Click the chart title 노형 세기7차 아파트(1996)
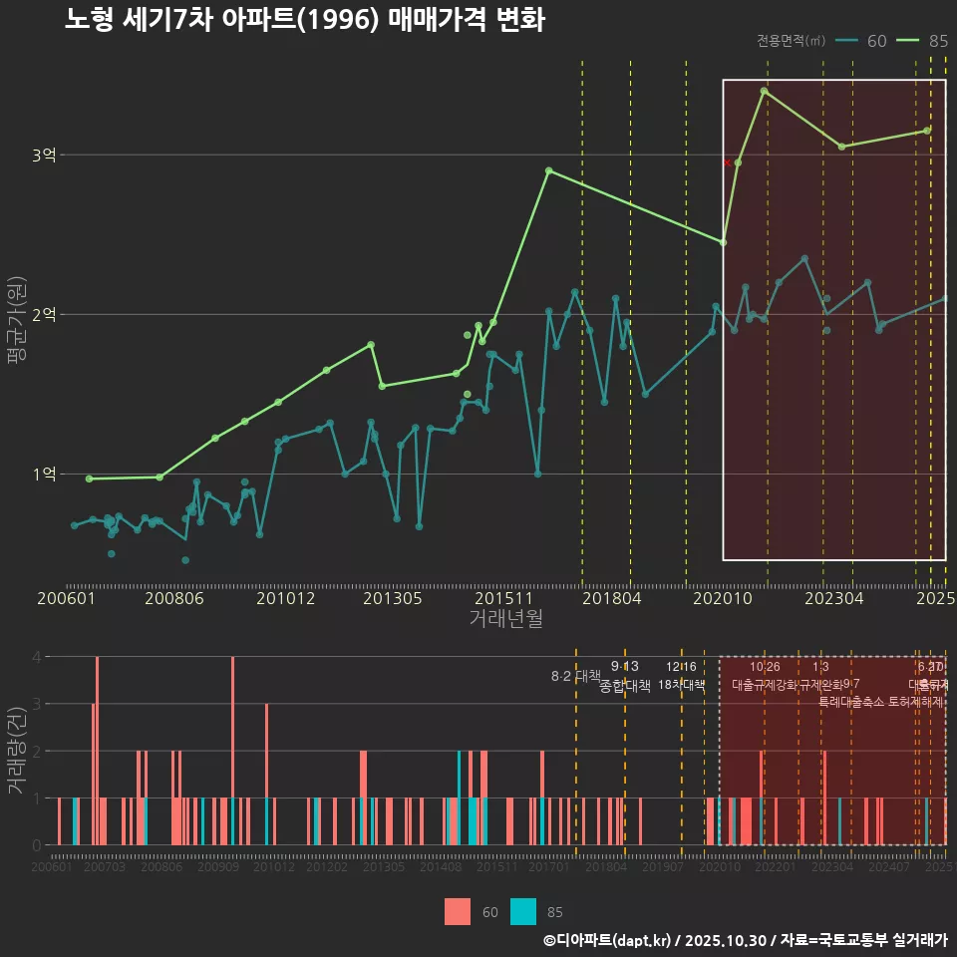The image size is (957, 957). click(x=304, y=20)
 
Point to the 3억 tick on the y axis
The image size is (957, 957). click(x=44, y=155)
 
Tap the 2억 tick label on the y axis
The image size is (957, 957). click(x=44, y=314)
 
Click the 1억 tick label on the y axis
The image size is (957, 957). click(x=44, y=474)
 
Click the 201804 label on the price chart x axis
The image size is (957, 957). click(x=610, y=598)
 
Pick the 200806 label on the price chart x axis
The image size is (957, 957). click(x=173, y=598)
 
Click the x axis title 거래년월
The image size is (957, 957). click(x=505, y=619)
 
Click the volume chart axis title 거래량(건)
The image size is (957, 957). click(x=15, y=750)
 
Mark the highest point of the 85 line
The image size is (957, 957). click(x=764, y=91)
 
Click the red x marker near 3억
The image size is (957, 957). click(x=728, y=161)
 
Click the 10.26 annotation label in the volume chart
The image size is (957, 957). click(x=765, y=667)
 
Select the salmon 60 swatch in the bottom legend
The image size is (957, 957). click(x=457, y=911)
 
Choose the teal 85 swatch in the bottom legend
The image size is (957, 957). click(x=522, y=911)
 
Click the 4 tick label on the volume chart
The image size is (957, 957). click(x=36, y=657)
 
